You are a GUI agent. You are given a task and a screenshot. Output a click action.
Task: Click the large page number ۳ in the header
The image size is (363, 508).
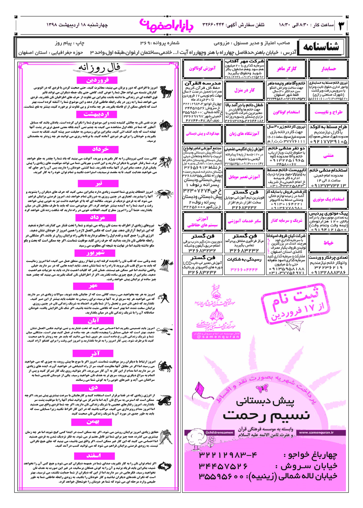pyautogui.click(x=342, y=25)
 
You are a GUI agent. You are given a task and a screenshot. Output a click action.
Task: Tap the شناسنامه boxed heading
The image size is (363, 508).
pyautogui.click(x=321, y=48)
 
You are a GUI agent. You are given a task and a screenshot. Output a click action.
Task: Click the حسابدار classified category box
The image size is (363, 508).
pyautogui.click(x=329, y=69)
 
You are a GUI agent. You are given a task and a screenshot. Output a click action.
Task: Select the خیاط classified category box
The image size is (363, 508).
pyautogui.click(x=329, y=243)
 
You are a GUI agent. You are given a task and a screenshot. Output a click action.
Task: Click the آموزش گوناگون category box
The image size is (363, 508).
pyautogui.click(x=202, y=69)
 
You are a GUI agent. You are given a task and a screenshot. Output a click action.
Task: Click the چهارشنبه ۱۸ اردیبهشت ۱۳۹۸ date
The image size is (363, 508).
pyautogui.click(x=77, y=25)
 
